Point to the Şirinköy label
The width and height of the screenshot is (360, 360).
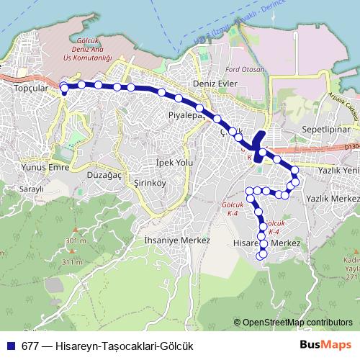(130, 184)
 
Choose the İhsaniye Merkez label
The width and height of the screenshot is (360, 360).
(176, 240)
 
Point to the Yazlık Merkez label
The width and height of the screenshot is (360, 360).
(332, 197)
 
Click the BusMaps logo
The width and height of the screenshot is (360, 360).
(327, 345)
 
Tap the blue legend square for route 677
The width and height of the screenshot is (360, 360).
(10, 345)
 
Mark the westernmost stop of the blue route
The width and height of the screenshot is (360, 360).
(64, 89)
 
